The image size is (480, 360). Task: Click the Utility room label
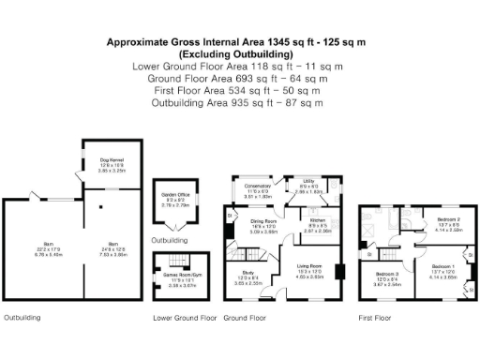click(x=308, y=186)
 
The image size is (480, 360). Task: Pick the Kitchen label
click(x=318, y=223)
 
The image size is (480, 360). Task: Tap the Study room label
click(x=247, y=277)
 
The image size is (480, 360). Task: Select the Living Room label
click(x=310, y=273)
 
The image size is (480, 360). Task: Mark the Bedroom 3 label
click(x=389, y=277)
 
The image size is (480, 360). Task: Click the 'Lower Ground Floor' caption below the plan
click(x=185, y=318)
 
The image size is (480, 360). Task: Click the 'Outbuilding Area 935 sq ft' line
click(x=238, y=102)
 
